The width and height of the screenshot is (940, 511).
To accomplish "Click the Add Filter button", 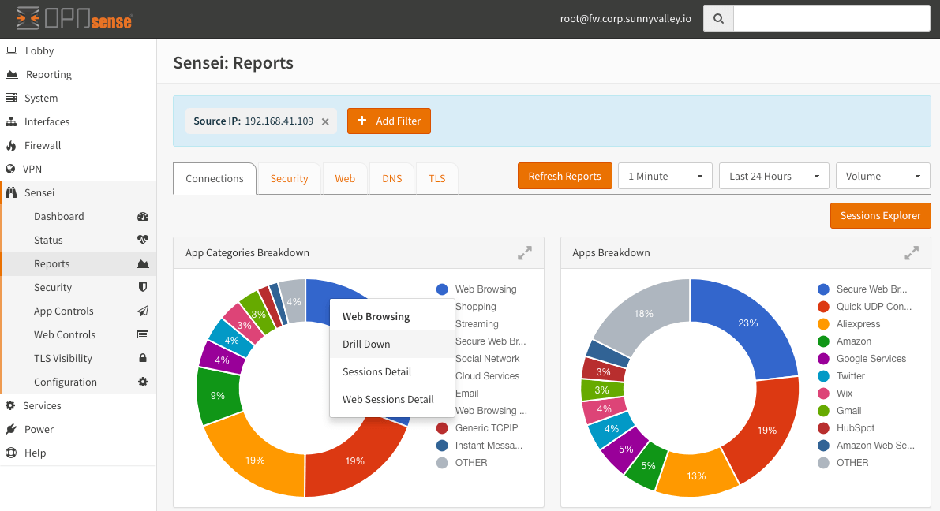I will click(389, 121).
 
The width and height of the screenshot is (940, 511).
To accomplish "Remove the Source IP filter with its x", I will click(325, 121).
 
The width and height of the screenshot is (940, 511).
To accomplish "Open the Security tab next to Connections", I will click(289, 178).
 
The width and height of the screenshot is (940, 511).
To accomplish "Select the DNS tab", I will click(392, 178).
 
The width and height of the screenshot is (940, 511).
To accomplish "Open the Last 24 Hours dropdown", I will click(773, 176).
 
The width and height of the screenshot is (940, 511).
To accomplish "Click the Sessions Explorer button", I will click(880, 215).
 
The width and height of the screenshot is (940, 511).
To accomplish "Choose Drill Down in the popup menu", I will click(366, 344).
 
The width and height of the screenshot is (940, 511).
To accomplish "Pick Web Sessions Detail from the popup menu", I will click(388, 399).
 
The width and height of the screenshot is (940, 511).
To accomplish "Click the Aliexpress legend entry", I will click(858, 324).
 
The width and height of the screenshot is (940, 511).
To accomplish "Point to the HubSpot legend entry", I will click(856, 428).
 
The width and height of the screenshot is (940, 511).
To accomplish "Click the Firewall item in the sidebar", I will click(43, 145).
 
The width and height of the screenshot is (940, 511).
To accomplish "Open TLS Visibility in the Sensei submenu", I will click(63, 358).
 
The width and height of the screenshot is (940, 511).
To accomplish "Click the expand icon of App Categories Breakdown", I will click(524, 253).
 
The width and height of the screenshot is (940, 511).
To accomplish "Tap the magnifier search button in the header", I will click(718, 18).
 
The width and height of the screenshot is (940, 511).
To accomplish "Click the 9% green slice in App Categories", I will click(217, 395).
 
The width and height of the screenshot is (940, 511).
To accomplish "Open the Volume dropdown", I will click(882, 176).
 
